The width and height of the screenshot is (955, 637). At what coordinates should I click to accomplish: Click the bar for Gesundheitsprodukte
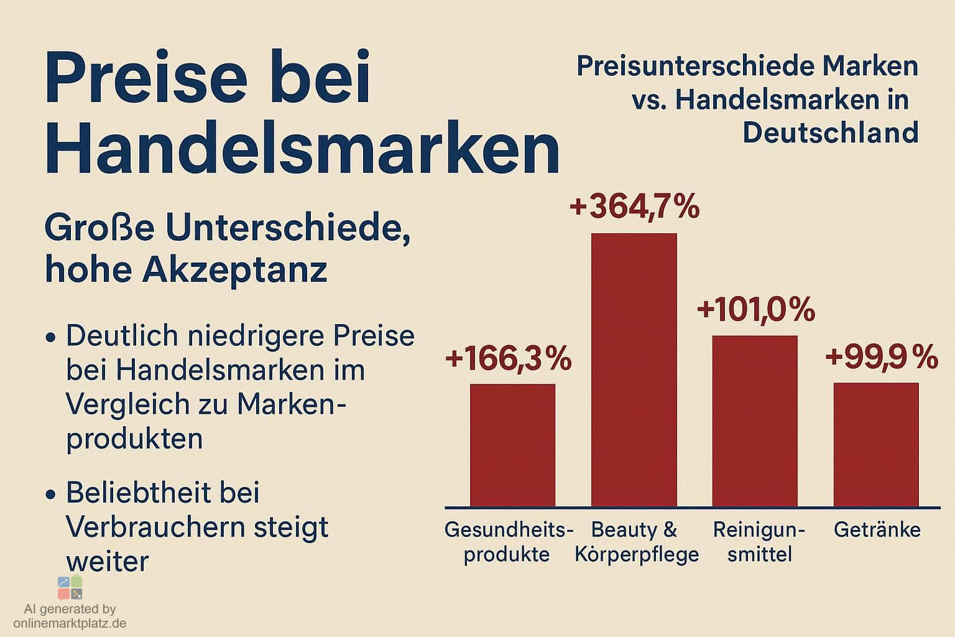(x=512, y=445)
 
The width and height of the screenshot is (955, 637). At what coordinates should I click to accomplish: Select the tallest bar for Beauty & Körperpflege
(x=634, y=370)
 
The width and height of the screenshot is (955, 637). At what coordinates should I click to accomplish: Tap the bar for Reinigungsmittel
(x=754, y=421)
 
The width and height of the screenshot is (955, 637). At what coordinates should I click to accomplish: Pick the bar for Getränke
(x=875, y=444)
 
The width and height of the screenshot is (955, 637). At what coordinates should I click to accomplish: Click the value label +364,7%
(x=634, y=207)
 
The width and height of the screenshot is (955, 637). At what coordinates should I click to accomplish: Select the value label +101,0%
(x=755, y=310)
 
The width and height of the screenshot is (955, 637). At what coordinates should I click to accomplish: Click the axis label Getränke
(x=877, y=530)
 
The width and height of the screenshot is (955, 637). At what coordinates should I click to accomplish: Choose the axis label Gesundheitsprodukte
(x=508, y=542)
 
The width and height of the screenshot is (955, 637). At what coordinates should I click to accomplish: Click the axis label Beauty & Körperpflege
(x=636, y=542)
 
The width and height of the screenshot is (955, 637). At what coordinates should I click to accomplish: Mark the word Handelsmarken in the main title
(x=302, y=149)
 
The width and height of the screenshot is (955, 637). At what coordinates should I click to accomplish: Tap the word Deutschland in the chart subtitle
(x=831, y=133)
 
